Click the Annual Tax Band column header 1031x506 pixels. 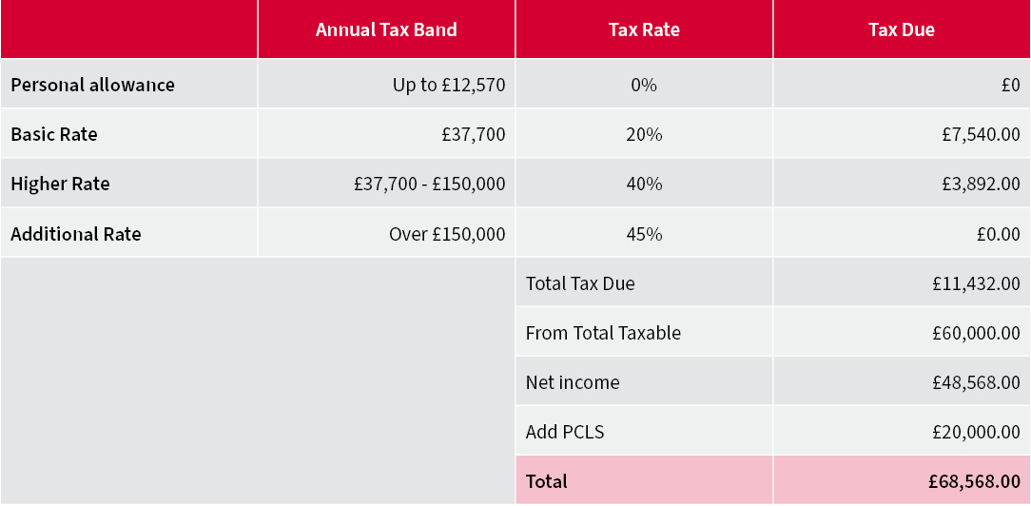(x=386, y=29)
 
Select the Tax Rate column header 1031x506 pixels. (x=644, y=29)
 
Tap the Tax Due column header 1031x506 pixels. (x=901, y=29)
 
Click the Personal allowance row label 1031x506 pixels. (x=93, y=85)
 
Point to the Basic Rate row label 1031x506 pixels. (x=54, y=134)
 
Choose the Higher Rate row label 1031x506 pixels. (x=60, y=184)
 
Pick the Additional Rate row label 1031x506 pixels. (x=76, y=234)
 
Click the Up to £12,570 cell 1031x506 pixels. (x=449, y=85)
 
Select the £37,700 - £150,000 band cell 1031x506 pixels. (x=429, y=184)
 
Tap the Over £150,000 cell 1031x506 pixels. (x=447, y=234)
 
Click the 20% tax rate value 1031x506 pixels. (x=644, y=134)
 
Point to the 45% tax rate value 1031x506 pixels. (x=644, y=234)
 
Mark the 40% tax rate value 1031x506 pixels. (x=644, y=184)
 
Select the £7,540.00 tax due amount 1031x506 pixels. (x=976, y=134)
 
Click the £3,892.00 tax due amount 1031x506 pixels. (x=976, y=184)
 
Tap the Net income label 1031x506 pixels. (x=573, y=382)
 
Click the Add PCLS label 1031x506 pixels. (x=565, y=432)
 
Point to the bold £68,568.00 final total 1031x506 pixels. (x=973, y=481)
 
